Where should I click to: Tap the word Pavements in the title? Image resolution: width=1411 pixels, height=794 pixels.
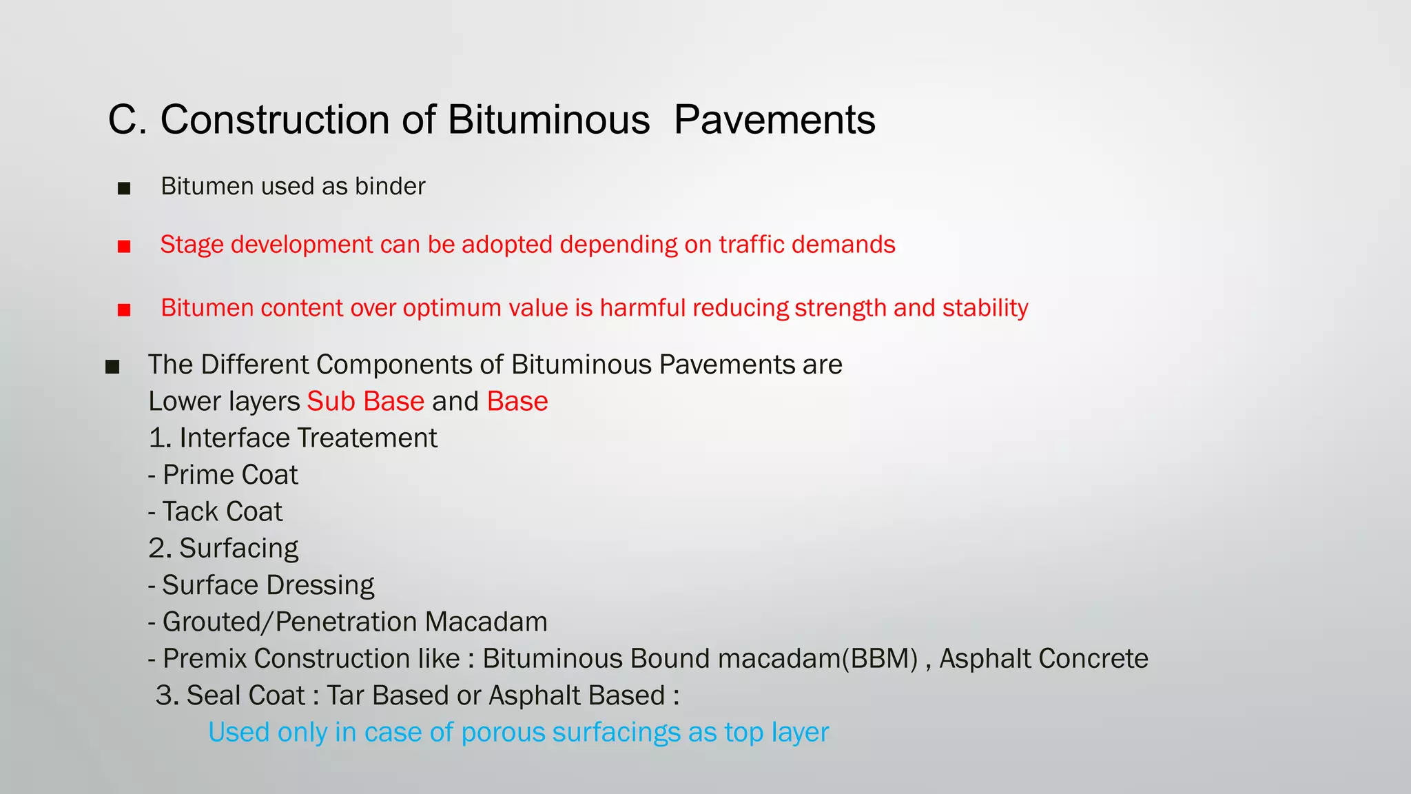[774, 120]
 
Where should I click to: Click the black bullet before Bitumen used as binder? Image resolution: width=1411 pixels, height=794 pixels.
[124, 188]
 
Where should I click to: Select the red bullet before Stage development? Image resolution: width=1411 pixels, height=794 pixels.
[124, 246]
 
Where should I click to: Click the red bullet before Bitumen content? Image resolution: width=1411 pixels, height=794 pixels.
[124, 309]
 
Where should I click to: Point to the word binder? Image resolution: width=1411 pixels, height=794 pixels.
[390, 186]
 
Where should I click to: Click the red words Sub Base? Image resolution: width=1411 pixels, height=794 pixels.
[365, 401]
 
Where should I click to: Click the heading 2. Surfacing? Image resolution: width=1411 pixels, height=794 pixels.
[223, 549]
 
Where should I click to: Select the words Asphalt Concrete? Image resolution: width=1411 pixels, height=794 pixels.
[1043, 659]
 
